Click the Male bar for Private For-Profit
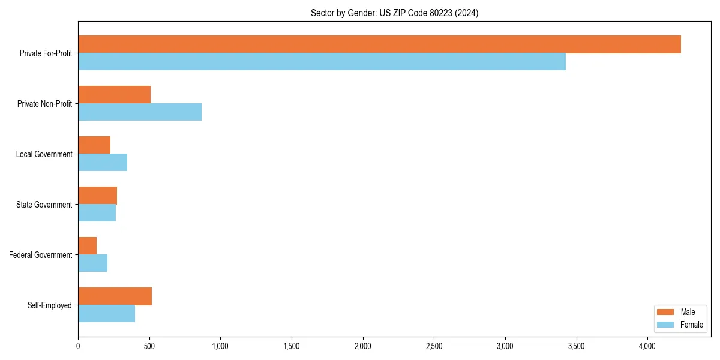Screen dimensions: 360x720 [x=379, y=44]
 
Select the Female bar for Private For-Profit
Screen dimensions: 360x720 [x=322, y=62]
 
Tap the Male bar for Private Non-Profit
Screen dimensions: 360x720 [x=114, y=95]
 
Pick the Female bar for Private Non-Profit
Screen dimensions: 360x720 [x=140, y=112]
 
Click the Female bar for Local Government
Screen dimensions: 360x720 [x=103, y=163]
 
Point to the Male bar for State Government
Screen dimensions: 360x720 [x=97, y=196]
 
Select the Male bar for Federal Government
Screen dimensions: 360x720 [x=87, y=246]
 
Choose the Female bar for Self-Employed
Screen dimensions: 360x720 [x=106, y=314]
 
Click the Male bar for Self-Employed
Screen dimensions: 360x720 [x=115, y=296]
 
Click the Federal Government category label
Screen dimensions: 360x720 [x=41, y=255]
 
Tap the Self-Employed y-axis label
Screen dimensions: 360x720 [x=50, y=305]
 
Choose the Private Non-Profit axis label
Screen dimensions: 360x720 [x=45, y=104]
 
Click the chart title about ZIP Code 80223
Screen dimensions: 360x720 [x=394, y=13]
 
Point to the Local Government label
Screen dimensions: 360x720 [x=44, y=154]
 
